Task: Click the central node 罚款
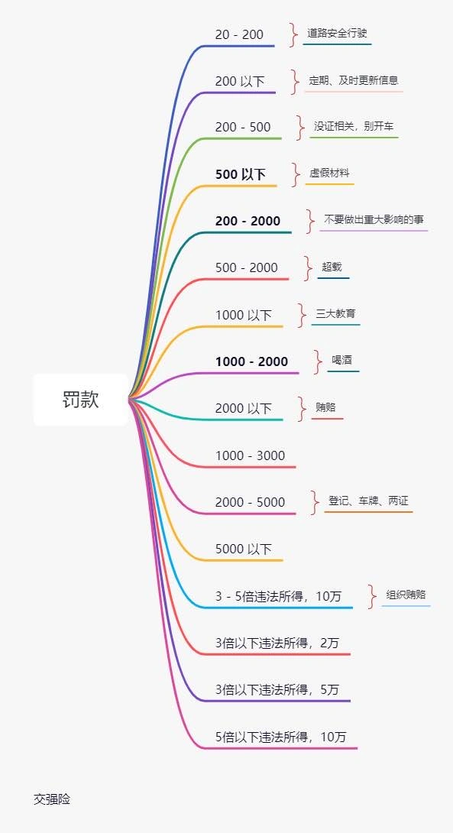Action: pos(81,400)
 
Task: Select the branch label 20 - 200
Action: pos(239,34)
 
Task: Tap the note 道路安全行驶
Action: pos(337,33)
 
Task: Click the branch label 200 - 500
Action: pos(243,127)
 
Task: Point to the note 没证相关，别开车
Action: pos(354,126)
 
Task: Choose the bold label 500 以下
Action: pos(240,174)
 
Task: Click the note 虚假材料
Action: pos(329,173)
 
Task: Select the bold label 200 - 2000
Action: pos(248,221)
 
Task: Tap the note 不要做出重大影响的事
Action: pos(374,219)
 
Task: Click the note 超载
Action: pos(332,267)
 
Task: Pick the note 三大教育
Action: pos(335,313)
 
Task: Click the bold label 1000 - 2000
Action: pos(251,361)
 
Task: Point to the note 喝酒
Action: pos(342,360)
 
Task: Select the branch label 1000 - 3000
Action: pos(250,455)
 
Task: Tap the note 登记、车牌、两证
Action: pos(368,501)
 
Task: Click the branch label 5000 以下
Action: pos(243,549)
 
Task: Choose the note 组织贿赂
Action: pos(406,595)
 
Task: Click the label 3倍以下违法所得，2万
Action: pos(277,643)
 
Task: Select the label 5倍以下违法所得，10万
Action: pos(280,737)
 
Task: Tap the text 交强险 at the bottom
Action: pos(52,799)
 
